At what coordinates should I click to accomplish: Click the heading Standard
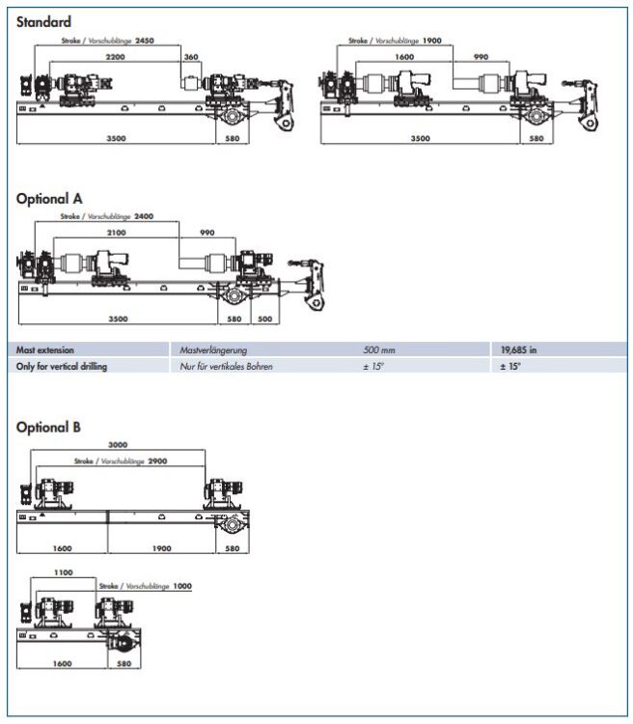43,21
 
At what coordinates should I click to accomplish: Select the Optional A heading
49,198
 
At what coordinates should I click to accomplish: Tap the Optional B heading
48,427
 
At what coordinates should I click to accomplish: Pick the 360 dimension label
190,59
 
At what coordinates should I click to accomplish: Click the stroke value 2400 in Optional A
144,217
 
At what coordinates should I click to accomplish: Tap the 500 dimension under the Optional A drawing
264,318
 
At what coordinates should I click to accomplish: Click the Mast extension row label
45,349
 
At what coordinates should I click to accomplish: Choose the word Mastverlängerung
208,349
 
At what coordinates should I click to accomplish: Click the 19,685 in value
519,349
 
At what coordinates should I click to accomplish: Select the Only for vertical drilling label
62,367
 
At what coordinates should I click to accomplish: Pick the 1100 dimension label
63,572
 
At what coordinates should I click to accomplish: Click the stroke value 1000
182,586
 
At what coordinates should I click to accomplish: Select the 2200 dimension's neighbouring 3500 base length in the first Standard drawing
117,138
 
